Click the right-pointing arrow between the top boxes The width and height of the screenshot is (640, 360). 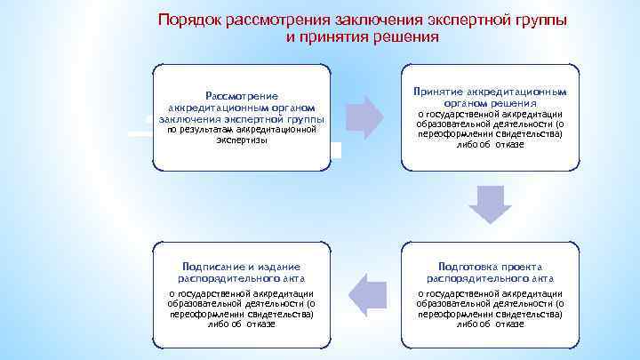pos(364,112)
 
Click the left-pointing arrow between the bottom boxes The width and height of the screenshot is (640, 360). pos(365,294)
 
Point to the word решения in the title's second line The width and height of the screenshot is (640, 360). pos(406,37)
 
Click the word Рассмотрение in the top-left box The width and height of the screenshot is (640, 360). pos(242,96)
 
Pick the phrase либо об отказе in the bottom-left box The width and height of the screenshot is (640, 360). pos(242,324)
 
